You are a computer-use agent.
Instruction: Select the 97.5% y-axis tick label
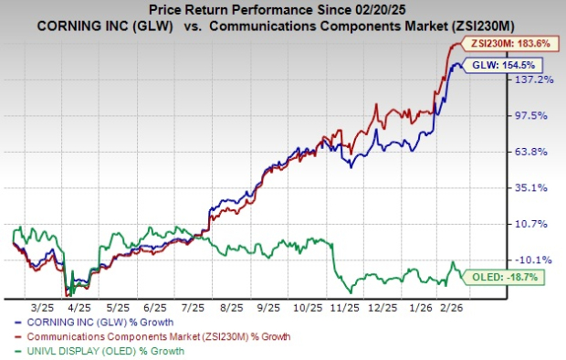click(537, 115)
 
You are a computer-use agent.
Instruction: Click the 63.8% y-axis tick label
click(537, 152)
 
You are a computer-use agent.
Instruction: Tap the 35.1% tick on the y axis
click(537, 187)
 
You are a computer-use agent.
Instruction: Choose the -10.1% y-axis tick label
click(537, 259)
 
